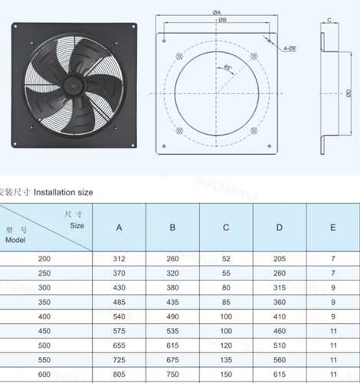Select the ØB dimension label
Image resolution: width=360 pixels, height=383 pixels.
coord(221,21)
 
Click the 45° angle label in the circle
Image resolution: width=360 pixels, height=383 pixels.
coord(228,69)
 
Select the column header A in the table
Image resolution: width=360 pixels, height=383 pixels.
coord(119,228)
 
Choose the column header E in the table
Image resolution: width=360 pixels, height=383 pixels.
coord(332,228)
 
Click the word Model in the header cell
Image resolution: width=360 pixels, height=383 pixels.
coord(15,241)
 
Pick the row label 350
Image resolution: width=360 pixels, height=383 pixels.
coord(44,302)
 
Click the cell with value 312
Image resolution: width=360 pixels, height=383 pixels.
coord(119,260)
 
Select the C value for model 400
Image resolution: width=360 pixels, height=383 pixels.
coord(226,316)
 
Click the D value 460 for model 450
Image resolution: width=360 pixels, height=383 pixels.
coord(280,330)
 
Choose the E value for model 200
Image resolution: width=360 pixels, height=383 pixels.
coord(332,260)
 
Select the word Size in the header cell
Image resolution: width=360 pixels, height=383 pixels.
coord(77,226)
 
